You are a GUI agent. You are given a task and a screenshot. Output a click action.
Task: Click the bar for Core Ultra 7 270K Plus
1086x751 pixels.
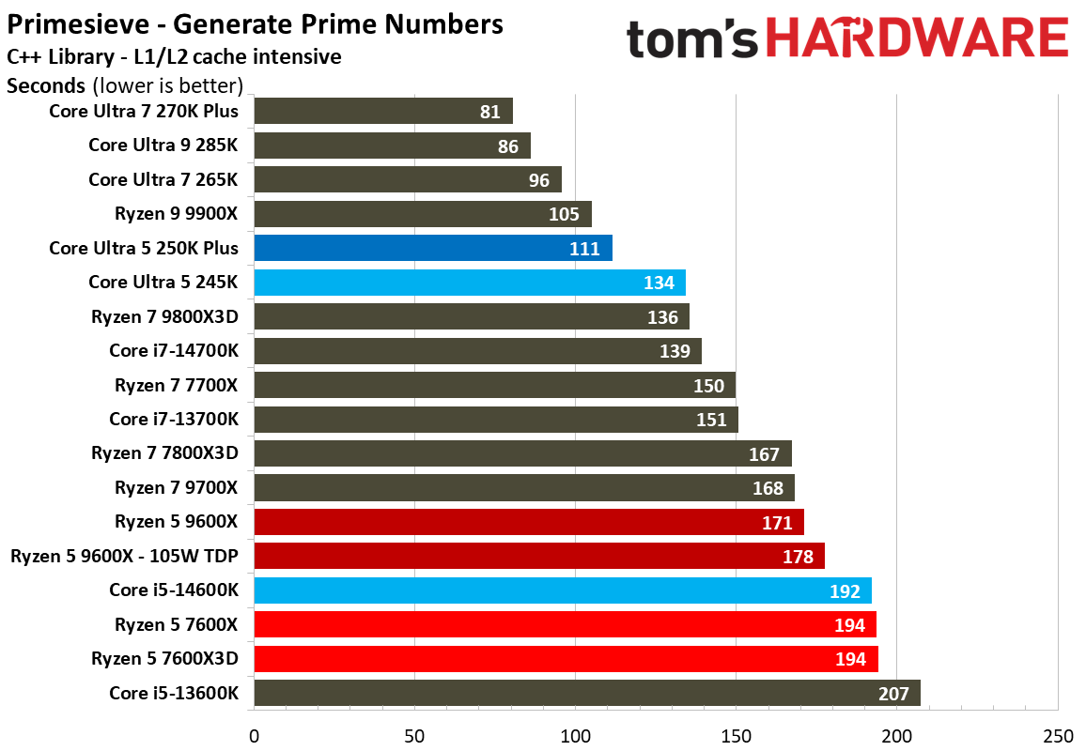pos(383,112)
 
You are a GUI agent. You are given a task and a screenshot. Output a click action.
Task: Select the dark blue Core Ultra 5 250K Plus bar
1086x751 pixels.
pos(432,248)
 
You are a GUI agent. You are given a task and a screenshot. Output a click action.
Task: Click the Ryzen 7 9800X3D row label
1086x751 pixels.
pos(164,317)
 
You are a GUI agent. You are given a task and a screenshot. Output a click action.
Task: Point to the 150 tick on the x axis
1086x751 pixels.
pos(736,735)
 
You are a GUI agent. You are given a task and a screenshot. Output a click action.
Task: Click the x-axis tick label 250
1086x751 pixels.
pos(1058,735)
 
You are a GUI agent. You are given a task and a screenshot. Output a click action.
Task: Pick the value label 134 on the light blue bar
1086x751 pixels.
pos(659,283)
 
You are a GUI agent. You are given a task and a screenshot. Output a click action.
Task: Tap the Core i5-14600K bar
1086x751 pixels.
pos(562,590)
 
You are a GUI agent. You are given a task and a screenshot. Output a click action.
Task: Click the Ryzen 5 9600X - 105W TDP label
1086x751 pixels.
pos(124,556)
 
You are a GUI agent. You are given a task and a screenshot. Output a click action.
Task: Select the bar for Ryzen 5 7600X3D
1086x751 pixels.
pos(566,659)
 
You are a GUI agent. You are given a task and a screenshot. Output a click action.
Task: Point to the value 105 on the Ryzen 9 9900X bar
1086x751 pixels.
pos(564,214)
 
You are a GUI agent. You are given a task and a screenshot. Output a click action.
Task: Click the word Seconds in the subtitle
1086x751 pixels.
pos(46,86)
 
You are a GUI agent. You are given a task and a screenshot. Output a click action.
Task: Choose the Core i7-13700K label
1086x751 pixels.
pos(174,419)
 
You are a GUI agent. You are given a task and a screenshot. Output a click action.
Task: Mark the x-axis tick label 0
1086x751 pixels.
pos(254,735)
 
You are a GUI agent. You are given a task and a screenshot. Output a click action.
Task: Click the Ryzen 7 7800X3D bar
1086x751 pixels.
pos(522,453)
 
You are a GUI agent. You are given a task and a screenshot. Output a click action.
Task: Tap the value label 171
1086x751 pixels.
pos(777,523)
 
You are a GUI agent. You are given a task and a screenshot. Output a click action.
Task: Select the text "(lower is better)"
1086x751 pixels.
pos(168,86)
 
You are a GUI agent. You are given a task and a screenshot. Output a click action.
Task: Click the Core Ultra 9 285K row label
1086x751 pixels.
pos(163,146)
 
